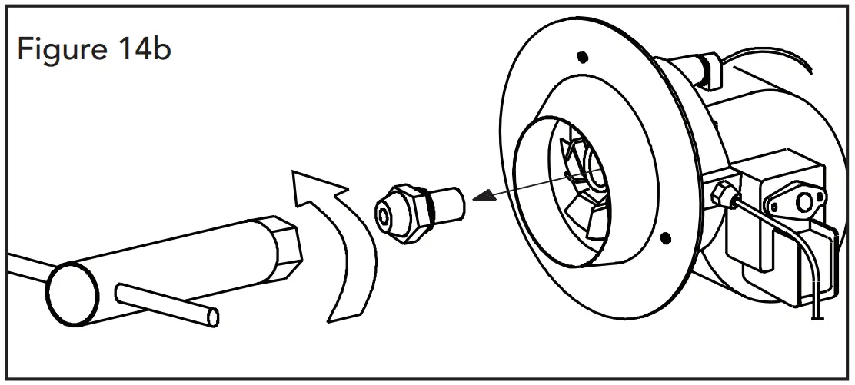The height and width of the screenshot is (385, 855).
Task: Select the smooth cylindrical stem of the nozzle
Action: tap(451, 203)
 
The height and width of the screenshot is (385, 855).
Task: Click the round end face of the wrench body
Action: tap(72, 290)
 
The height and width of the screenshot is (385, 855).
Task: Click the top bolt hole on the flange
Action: tap(582, 56)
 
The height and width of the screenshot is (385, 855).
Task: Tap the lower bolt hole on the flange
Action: tap(666, 235)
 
